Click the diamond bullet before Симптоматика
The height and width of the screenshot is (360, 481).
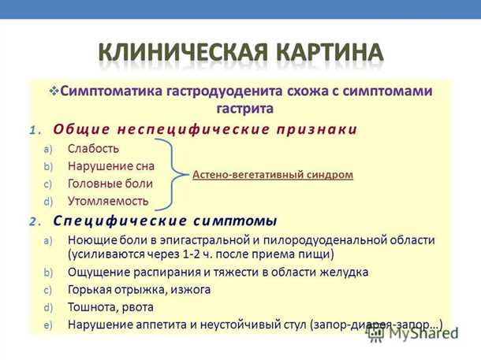tap(54, 91)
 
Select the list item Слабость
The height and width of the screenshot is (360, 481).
tap(93, 148)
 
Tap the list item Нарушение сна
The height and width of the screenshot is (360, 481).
tap(110, 166)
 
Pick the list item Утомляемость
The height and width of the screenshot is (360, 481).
tap(107, 201)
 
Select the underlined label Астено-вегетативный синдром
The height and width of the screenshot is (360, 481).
tap(273, 175)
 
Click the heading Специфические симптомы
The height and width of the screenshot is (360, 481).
tap(165, 220)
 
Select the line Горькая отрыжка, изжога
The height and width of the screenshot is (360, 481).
tap(139, 290)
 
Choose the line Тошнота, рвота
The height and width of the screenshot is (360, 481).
tap(110, 307)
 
